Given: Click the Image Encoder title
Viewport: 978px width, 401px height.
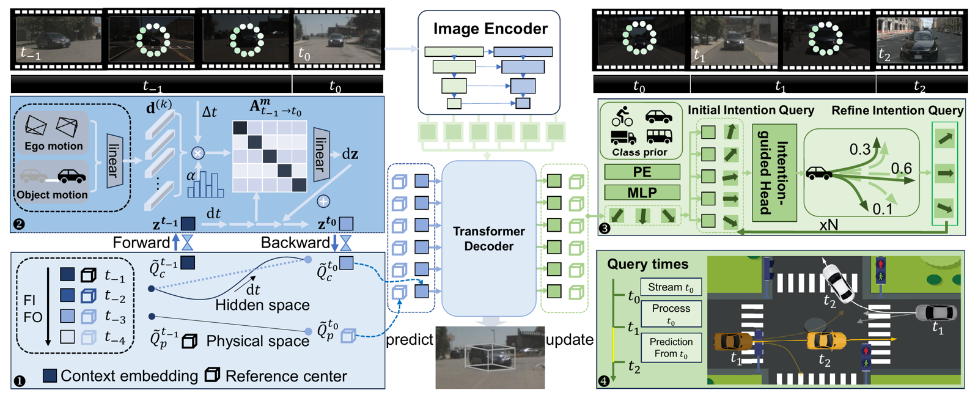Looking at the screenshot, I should coord(490,29).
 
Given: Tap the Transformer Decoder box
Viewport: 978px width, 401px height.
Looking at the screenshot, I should coord(488,238).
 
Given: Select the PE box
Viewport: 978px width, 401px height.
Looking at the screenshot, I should coord(642,172).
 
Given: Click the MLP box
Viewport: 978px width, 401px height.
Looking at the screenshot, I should coord(642,193).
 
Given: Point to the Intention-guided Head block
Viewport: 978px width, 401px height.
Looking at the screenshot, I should coord(774,172).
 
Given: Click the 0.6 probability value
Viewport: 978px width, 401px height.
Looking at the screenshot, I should coord(901,168).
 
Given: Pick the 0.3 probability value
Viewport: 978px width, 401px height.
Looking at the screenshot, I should coord(860,149).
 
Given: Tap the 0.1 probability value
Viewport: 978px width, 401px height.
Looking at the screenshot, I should coord(882,209).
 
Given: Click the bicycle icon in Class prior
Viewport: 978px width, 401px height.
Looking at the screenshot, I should coord(622,116).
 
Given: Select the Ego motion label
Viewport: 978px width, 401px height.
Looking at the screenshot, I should coord(54,146).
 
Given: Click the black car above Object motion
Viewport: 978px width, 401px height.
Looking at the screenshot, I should coord(72,177).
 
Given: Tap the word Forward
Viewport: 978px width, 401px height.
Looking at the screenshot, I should coord(141,243).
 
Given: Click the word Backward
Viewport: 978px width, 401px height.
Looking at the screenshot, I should coord(295,243).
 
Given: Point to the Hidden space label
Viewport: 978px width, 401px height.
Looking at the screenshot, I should coord(262,304).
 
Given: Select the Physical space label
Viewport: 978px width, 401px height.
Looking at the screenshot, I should coord(257,340).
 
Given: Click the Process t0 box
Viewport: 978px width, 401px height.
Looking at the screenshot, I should coord(671,314).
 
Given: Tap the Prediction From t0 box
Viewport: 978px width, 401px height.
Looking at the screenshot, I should coord(671,348).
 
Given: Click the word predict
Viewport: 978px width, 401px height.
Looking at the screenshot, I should coord(410,339).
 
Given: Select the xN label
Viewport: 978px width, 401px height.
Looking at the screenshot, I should coord(828,225).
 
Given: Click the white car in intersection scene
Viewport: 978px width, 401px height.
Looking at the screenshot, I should coord(838,281).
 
